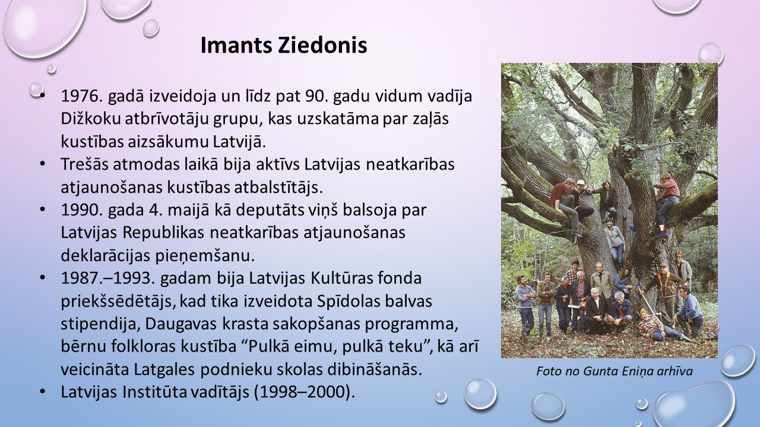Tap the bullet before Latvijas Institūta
(x=42, y=392)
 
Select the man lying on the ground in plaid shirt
(x=660, y=326)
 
